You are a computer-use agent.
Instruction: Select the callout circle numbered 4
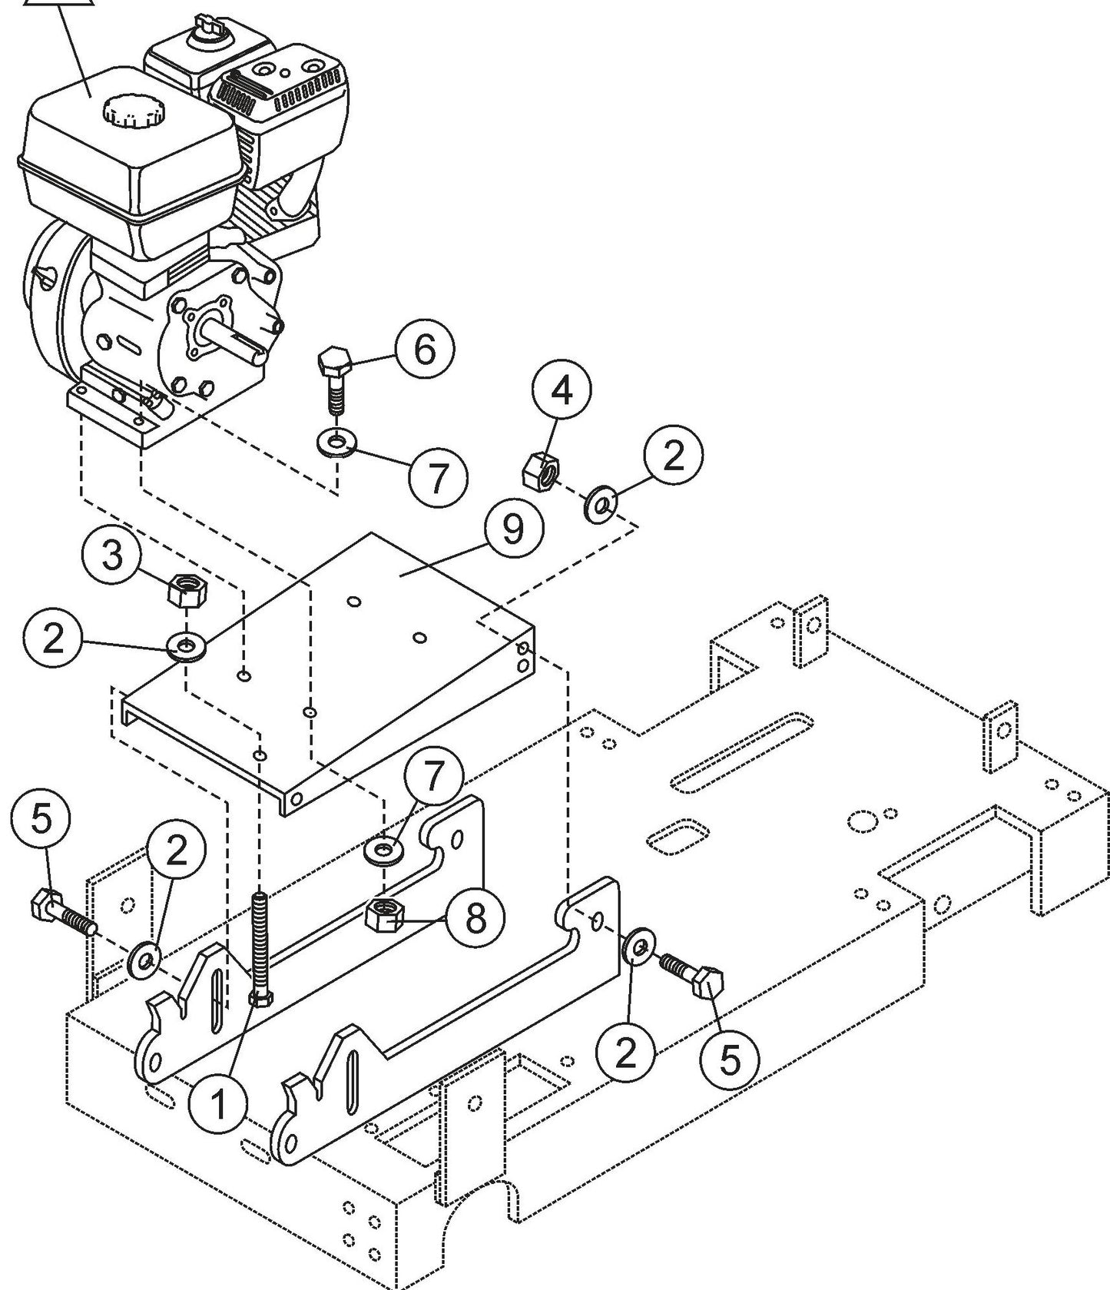tap(563, 390)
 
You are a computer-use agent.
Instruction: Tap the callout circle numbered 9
tap(513, 530)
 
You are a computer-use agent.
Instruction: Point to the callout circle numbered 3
tap(113, 555)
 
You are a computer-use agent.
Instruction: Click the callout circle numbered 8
tap(476, 917)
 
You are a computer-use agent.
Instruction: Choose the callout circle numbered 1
tap(219, 1105)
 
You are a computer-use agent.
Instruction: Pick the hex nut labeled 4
tap(540, 471)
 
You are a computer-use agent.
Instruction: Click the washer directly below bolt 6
tap(334, 443)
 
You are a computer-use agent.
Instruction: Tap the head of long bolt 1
tap(262, 999)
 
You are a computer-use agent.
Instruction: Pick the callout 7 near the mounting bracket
tap(434, 778)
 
